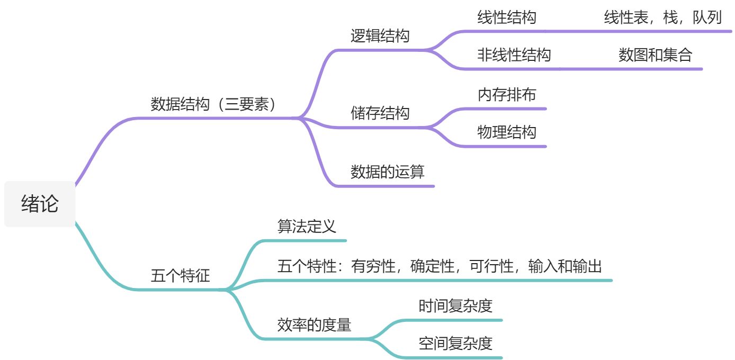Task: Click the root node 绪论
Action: [x=40, y=204]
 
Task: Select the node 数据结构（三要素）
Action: [x=214, y=104]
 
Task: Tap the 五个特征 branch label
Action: [x=180, y=276]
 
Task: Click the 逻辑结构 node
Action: [x=380, y=36]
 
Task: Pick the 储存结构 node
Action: [x=380, y=113]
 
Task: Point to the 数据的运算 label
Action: [x=387, y=172]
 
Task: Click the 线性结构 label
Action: [x=506, y=17]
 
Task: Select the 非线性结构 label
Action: [x=514, y=55]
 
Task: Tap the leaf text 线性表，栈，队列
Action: [x=662, y=17]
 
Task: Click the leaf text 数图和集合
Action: [x=655, y=55]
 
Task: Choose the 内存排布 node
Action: [x=506, y=94]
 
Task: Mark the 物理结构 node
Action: [x=506, y=132]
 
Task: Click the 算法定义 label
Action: [x=307, y=227]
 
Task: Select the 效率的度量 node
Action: [x=314, y=325]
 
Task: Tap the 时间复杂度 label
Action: [x=455, y=306]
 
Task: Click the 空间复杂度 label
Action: [x=455, y=344]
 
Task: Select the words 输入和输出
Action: [x=565, y=266]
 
